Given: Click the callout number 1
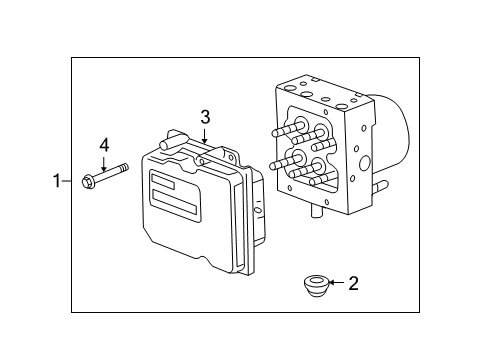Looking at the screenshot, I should point(57,181).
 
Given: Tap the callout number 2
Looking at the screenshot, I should point(352,284).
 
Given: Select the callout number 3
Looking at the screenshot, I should point(204,118).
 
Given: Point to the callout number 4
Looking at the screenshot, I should point(103,146).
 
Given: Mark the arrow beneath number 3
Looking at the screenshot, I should point(204,135).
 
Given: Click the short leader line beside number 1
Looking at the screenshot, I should point(68,181).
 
